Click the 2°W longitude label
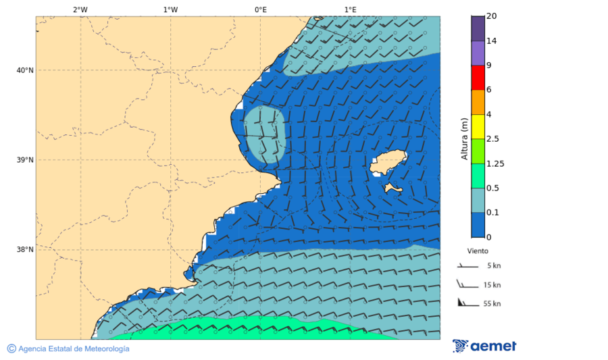coord(80,9)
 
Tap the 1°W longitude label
coord(170,9)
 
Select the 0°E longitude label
coord(260,9)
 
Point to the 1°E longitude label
coord(350,9)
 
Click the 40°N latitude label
coord(25,70)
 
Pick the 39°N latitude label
coord(25,160)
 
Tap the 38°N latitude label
coord(25,250)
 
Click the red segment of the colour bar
coord(478,78)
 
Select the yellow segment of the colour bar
coord(478,126)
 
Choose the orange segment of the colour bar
coord(478,102)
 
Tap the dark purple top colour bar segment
coord(478,28)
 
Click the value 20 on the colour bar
coord(492,16)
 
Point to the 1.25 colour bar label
coord(495,163)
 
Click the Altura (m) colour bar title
coord(465,138)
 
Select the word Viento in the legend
coord(478,251)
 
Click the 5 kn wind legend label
coord(492,266)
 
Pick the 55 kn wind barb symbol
coord(463,302)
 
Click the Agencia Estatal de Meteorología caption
coord(73,349)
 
